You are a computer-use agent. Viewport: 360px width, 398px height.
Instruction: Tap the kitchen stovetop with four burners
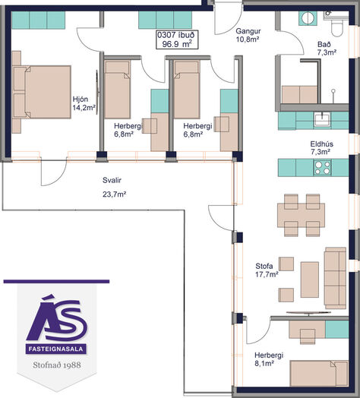(322, 168)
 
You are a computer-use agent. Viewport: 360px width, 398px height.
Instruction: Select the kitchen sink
(323, 119)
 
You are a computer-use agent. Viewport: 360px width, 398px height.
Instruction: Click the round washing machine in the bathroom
(308, 18)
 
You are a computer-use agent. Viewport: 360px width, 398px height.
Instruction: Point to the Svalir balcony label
(112, 180)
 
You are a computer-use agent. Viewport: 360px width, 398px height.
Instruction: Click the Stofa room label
(264, 266)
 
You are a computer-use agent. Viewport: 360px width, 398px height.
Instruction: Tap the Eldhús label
(322, 144)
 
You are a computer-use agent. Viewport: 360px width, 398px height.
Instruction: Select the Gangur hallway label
(248, 31)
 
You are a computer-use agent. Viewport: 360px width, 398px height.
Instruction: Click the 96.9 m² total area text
(177, 44)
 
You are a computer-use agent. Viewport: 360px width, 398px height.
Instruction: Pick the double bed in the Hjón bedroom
(41, 92)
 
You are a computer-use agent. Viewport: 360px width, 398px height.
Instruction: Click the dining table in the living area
(301, 215)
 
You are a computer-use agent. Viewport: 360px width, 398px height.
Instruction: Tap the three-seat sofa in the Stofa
(335, 278)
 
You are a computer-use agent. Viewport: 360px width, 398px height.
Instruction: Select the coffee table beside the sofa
(310, 280)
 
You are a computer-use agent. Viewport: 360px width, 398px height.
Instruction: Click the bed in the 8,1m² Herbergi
(319, 374)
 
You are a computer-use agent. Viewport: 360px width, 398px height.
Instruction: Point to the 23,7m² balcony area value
(115, 194)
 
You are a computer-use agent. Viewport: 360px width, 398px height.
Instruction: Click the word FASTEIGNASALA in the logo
(56, 349)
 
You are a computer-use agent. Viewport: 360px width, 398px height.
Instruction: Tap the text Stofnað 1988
(57, 365)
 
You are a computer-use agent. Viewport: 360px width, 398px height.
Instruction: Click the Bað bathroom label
(324, 44)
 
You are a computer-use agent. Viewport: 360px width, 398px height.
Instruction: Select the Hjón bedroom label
(81, 99)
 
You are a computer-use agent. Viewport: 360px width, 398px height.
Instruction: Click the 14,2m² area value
(84, 108)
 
